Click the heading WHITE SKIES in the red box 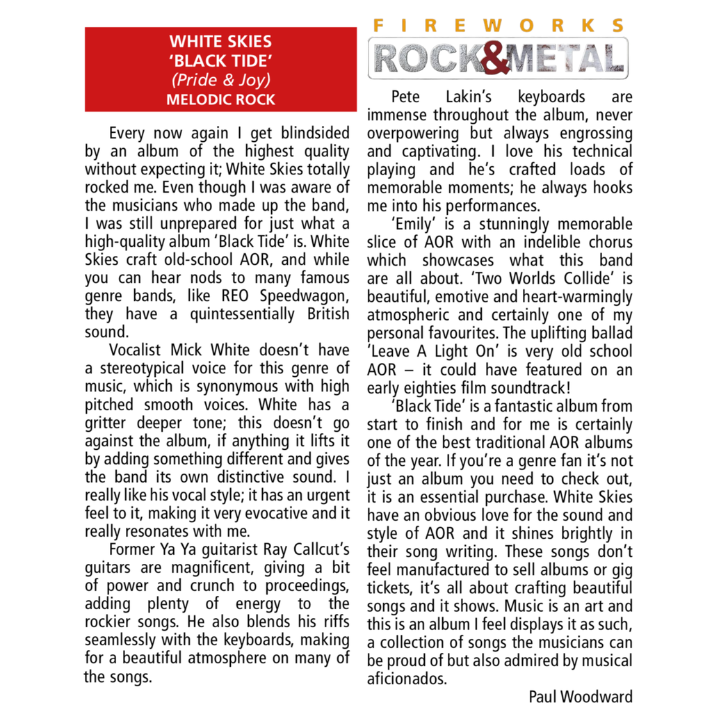click(220, 42)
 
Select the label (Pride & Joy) click(220, 80)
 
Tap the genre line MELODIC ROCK click(220, 99)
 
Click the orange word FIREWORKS click(498, 26)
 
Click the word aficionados click(407, 679)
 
